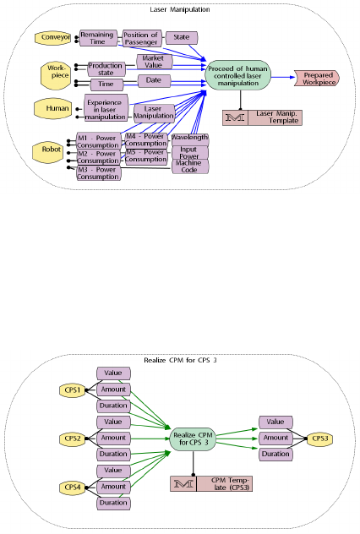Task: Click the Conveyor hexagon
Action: click(x=53, y=37)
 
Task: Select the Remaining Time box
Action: click(x=98, y=38)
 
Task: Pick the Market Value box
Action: click(x=155, y=62)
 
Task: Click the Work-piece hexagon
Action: click(x=55, y=75)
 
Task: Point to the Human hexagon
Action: click(x=53, y=109)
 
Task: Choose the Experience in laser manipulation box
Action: click(x=106, y=108)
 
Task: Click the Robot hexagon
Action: click(x=48, y=152)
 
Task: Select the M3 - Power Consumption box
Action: click(x=99, y=173)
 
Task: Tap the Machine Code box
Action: click(x=190, y=166)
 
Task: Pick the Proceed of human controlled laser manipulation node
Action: click(x=238, y=75)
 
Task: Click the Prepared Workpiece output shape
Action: click(x=317, y=79)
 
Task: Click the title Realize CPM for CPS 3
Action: click(x=180, y=360)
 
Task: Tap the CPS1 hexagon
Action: click(x=72, y=390)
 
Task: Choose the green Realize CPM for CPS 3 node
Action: click(x=194, y=439)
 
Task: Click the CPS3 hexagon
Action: click(x=320, y=439)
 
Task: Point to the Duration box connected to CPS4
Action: click(x=113, y=503)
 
